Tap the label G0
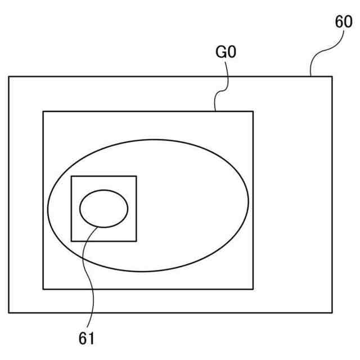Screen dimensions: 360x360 pos(226,54)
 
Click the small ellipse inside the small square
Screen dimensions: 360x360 pos(103,209)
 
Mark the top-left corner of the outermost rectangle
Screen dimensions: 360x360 pos(8,76)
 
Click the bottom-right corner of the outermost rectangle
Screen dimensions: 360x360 pos(332,313)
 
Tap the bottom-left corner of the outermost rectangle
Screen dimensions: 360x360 pos(8,313)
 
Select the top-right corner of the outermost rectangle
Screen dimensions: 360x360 pos(332,76)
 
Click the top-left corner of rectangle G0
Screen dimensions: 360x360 pos(43,111)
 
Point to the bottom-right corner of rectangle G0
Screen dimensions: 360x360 pos(253,289)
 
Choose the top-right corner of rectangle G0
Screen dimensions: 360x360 pos(253,111)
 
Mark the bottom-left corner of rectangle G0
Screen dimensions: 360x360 pos(43,289)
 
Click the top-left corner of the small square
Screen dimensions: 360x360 pos(71,176)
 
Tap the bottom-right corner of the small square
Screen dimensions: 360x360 pos(136,241)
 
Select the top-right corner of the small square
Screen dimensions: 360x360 pos(136,176)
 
